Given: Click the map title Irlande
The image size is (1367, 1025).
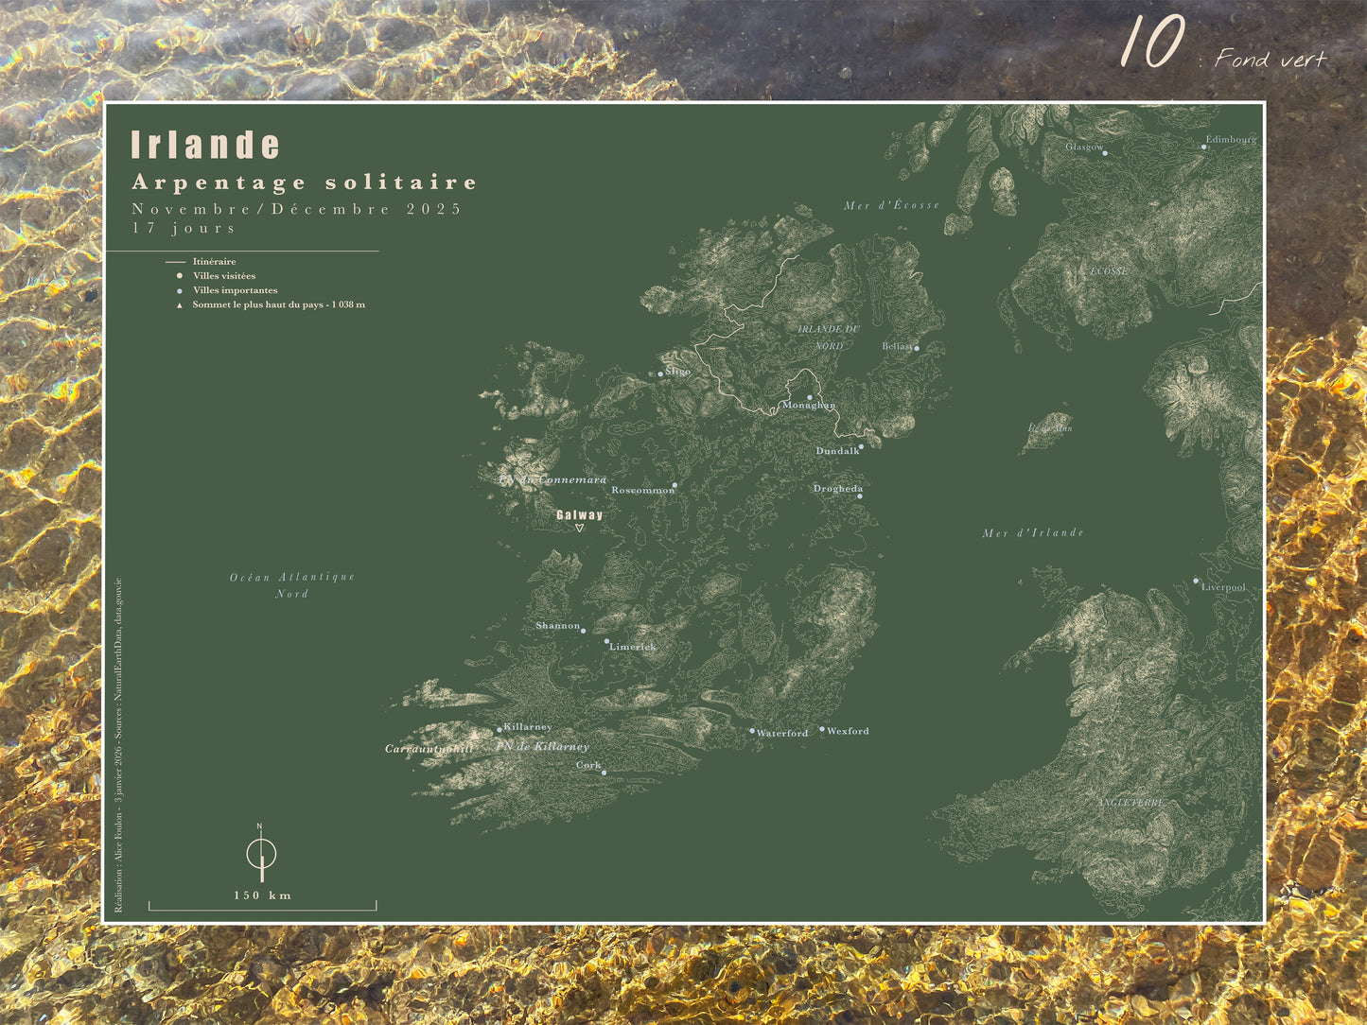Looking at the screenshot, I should tap(205, 145).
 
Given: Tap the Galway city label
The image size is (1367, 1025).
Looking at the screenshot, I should tap(579, 515).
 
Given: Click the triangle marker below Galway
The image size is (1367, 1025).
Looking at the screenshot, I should tap(580, 529).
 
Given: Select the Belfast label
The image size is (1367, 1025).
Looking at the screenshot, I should tap(896, 347).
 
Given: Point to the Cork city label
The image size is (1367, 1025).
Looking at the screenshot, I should tap(588, 765).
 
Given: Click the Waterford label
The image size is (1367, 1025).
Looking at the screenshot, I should tap(782, 733).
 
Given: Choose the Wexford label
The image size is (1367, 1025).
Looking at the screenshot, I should tap(848, 731).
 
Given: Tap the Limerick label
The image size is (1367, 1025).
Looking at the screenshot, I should tap(633, 647).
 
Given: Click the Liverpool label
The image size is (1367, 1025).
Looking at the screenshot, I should tap(1223, 587).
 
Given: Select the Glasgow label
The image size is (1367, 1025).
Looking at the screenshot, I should tap(1083, 147).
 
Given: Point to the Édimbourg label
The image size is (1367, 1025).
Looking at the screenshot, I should tap(1231, 139).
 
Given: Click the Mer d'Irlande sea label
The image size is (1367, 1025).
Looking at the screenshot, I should tap(1033, 533).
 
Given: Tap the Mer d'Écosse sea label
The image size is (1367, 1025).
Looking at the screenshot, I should tap(891, 205).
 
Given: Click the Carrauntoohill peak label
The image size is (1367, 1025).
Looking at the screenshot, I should tap(429, 749).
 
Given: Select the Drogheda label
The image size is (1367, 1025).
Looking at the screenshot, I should tap(837, 489).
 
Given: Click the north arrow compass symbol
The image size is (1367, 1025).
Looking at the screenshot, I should tap(261, 853).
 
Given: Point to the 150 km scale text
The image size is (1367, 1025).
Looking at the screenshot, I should tap(262, 895).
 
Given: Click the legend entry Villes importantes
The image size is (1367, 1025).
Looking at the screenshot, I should tap(235, 290).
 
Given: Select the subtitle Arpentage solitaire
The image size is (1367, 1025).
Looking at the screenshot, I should tap(305, 182).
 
